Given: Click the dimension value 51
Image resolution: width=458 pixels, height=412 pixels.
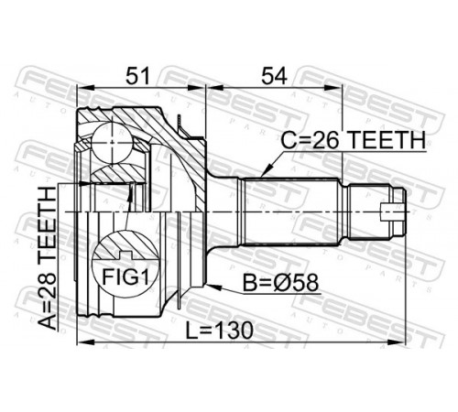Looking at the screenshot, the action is click(x=138, y=76).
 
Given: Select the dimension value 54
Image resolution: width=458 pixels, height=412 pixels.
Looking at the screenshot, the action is click(x=274, y=76).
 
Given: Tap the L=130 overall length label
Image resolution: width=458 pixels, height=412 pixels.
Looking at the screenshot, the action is click(x=220, y=331).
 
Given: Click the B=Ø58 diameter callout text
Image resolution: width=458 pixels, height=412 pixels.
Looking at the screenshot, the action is click(x=280, y=283).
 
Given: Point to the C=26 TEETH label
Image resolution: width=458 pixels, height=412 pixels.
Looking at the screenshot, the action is click(x=353, y=140).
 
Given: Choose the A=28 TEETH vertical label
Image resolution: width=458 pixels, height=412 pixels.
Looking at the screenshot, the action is click(x=48, y=258).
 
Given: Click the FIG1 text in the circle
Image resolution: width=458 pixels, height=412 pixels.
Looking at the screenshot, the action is click(x=125, y=277).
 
